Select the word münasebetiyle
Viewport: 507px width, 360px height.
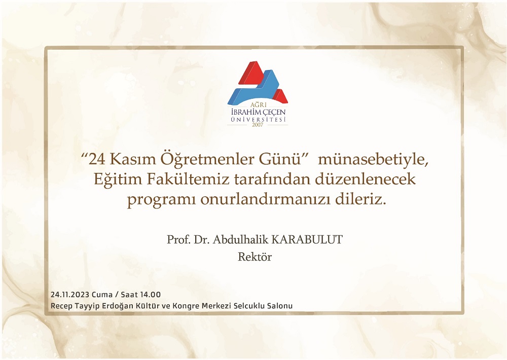tap(373, 159)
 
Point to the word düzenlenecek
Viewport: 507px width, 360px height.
tap(366, 179)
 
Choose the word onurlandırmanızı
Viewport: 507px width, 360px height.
tap(265, 200)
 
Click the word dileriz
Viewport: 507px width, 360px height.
tap(360, 200)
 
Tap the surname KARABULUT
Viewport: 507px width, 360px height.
tap(307, 240)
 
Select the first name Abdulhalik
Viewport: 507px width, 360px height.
tap(240, 240)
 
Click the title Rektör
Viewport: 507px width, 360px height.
tap(255, 257)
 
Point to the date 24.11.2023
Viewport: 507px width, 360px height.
tap(70, 295)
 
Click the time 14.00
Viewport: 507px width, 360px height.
tap(151, 295)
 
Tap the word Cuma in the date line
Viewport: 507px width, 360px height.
tap(102, 295)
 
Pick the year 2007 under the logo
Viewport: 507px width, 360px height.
tap(258, 125)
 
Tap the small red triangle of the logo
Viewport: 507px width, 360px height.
tap(280, 96)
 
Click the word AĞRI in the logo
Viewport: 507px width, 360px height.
tap(258, 105)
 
